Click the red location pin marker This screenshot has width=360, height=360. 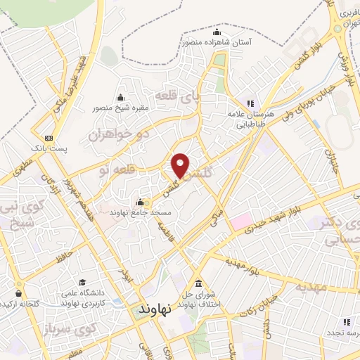click(181, 165)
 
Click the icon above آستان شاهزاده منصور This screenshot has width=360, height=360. click(217, 32)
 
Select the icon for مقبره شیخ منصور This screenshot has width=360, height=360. click(120, 98)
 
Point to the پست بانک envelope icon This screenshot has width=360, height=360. click(49, 138)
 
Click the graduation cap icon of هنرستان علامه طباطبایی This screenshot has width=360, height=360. click(249, 103)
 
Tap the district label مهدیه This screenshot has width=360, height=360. click(312, 286)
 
